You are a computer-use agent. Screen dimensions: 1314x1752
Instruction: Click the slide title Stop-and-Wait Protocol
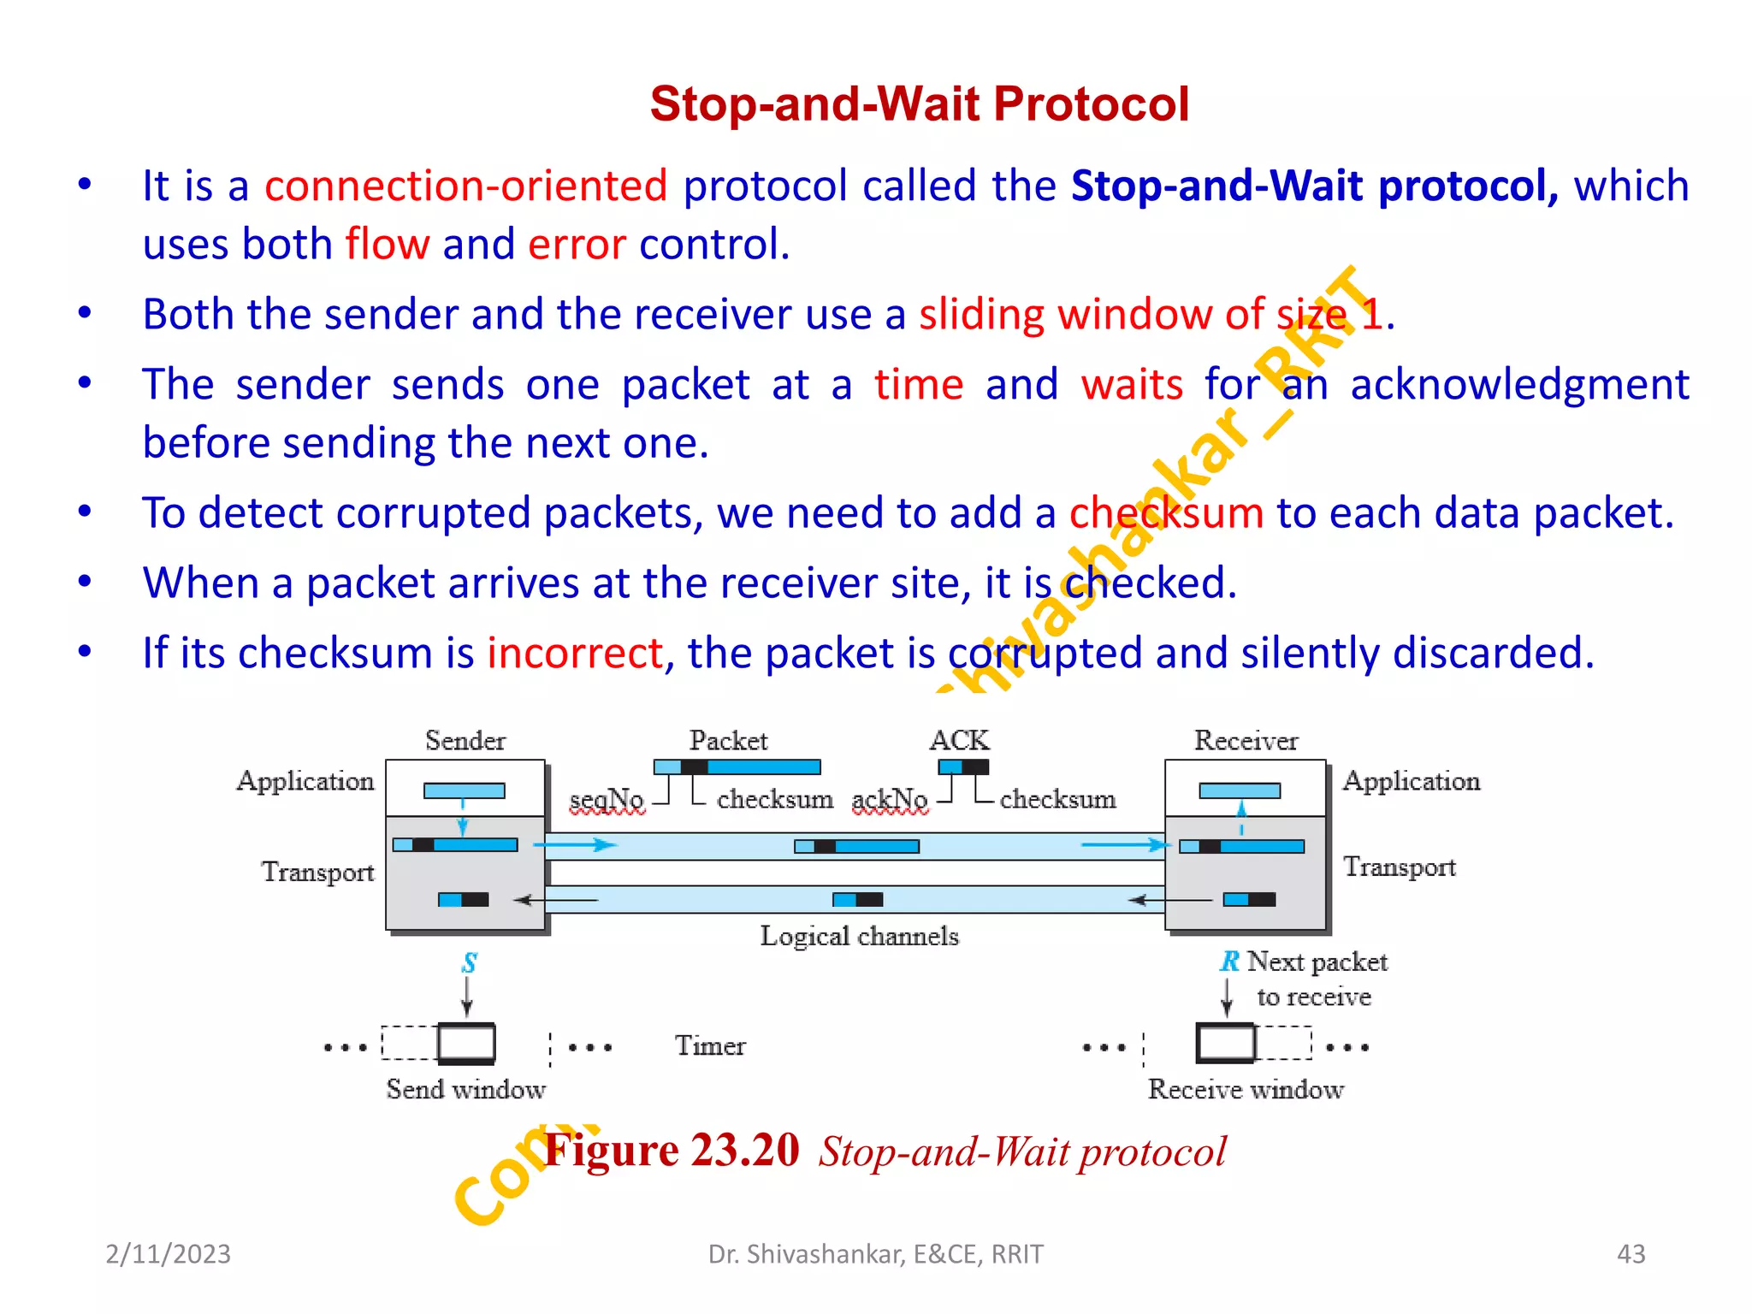pos(919,104)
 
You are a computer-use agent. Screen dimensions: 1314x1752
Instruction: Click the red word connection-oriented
pos(465,186)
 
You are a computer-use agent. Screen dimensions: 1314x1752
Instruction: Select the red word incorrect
pos(574,653)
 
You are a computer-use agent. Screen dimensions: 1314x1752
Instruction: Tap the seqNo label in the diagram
pos(607,799)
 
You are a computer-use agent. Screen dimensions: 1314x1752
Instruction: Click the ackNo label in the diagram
pos(890,799)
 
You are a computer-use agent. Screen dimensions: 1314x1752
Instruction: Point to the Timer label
pos(710,1045)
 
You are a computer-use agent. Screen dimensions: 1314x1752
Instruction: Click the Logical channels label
pos(859,936)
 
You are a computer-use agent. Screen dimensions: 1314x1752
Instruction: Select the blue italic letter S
pos(469,963)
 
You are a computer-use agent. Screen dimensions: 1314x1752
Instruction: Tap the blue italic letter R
pos(1229,962)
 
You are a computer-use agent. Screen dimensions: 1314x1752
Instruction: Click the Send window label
pos(465,1089)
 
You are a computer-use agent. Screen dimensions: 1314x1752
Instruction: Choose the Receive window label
pos(1246,1089)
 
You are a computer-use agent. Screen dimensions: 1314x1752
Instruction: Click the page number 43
pos(1631,1254)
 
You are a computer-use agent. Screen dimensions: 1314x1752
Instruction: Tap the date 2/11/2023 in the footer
pos(168,1254)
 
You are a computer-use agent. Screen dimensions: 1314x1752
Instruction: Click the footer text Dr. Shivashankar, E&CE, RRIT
pos(875,1254)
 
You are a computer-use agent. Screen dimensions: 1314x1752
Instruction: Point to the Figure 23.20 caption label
pos(672,1151)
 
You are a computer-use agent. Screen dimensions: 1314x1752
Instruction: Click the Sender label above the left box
pos(465,741)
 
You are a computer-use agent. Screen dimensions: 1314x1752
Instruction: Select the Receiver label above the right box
pos(1246,741)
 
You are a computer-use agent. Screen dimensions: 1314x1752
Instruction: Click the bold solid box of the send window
pos(466,1044)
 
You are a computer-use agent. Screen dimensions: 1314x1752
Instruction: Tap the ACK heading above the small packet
pos(959,740)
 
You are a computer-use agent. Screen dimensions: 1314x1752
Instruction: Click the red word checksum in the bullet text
pos(1166,513)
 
